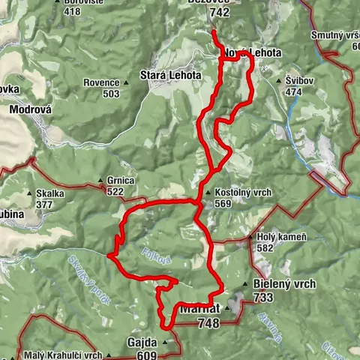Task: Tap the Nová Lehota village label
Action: point(252,54)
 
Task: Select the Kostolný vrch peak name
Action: point(242,191)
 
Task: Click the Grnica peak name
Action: point(120,181)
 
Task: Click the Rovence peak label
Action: point(101,82)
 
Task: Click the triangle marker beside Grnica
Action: point(100,181)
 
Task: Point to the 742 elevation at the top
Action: point(220,12)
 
